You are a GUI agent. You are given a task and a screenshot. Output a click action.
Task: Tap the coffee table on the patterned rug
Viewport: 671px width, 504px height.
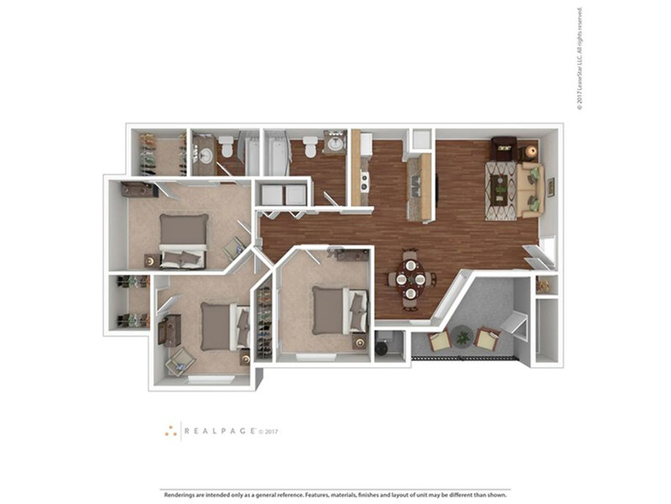click(x=502, y=190)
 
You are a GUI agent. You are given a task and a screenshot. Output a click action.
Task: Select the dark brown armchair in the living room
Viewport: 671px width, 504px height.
click(x=504, y=148)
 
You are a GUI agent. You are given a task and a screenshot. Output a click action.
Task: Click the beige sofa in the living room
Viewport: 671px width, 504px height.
click(x=531, y=190)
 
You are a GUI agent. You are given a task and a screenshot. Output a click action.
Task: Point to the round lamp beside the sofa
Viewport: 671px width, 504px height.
click(x=531, y=152)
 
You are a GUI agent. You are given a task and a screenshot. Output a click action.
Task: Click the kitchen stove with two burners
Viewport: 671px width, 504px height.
click(x=365, y=179)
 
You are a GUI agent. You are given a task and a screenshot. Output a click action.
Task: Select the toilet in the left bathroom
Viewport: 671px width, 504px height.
click(x=225, y=149)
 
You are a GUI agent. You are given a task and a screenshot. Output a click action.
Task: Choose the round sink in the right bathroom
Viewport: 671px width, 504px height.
click(x=335, y=144)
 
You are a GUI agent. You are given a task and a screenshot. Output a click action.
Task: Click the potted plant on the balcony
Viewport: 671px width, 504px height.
click(x=463, y=338)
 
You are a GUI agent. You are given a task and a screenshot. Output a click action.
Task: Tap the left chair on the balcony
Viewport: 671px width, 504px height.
click(x=440, y=341)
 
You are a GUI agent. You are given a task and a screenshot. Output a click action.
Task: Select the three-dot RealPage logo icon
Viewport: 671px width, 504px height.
click(x=171, y=430)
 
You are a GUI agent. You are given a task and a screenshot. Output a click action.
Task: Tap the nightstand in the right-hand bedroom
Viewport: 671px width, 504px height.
click(x=359, y=342)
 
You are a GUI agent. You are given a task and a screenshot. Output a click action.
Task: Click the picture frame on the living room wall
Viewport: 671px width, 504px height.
click(x=551, y=187)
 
